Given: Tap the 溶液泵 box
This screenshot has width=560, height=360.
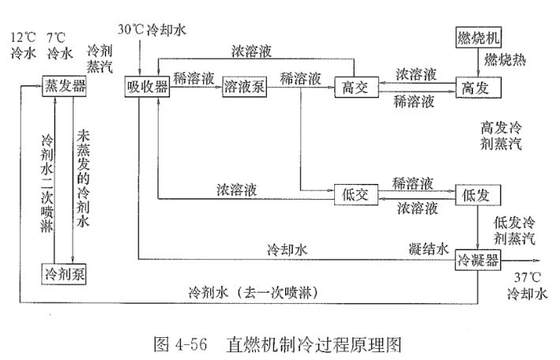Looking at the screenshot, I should pos(244,85).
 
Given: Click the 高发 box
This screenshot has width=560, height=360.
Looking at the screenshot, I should pos(477,85).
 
